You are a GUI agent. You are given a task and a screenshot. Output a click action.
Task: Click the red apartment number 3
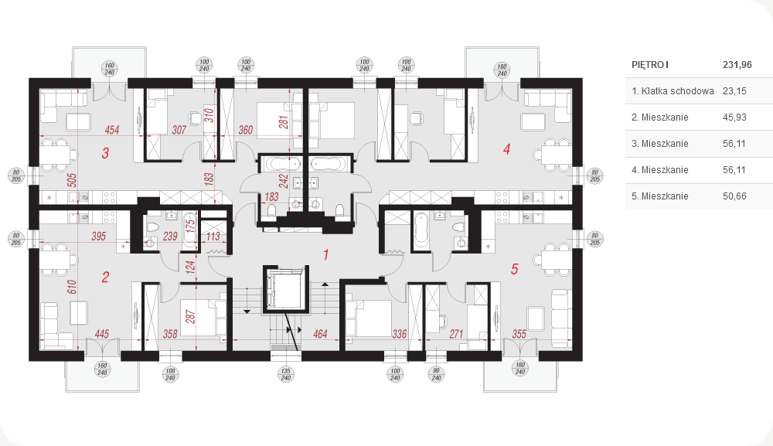pyautogui.click(x=105, y=153)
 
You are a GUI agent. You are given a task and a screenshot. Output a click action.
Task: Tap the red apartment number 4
pyautogui.click(x=507, y=149)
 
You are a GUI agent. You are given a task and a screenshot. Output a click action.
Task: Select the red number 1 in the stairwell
pyautogui.click(x=326, y=254)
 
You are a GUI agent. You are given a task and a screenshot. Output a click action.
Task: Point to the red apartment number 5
pyautogui.click(x=515, y=269)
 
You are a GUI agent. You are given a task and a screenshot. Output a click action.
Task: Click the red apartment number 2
pyautogui.click(x=105, y=277)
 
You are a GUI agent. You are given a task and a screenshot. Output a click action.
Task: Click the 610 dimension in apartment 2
pyautogui.click(x=72, y=287)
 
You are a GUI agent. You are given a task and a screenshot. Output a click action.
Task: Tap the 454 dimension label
pyautogui.click(x=112, y=130)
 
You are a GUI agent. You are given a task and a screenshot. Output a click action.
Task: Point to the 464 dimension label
pyautogui.click(x=320, y=334)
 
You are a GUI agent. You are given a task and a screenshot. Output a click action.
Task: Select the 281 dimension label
pyautogui.click(x=284, y=122)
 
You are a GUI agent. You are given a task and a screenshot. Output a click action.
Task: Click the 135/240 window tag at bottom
pyautogui.click(x=286, y=375)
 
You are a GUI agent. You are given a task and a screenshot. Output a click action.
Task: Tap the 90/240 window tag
pyautogui.click(x=436, y=375)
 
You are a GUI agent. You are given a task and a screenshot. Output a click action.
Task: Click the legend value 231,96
pyautogui.click(x=737, y=65)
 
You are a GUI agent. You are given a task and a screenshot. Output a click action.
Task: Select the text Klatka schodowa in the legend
pyautogui.click(x=677, y=91)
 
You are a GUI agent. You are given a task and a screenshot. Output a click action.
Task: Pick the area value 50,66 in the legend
pyautogui.click(x=734, y=196)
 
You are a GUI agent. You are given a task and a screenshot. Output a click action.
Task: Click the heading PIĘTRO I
pyautogui.click(x=650, y=65)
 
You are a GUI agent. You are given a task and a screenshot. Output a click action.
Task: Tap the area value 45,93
pyautogui.click(x=734, y=117)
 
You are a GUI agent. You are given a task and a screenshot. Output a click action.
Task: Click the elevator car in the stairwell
pyautogui.click(x=285, y=289)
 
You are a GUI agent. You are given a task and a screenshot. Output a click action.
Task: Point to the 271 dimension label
pyautogui.click(x=456, y=334)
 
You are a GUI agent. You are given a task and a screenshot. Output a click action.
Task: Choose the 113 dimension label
pyautogui.click(x=213, y=237)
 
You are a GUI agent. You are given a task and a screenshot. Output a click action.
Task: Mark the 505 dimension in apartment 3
pyautogui.click(x=72, y=180)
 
